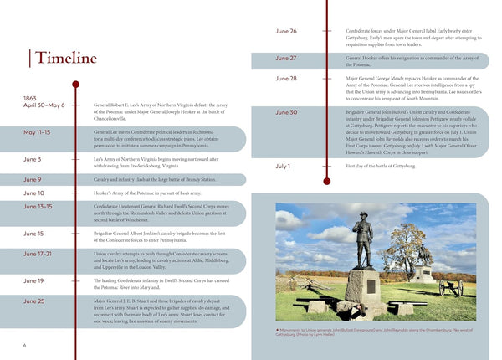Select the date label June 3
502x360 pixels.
33,159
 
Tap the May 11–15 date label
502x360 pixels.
37,132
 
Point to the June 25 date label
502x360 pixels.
34,301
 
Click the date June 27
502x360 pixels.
286,59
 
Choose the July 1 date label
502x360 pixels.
283,166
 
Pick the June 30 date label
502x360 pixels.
286,112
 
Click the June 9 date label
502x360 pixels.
33,179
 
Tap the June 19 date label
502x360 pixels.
34,280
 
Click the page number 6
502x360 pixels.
25,345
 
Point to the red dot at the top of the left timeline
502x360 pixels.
76,84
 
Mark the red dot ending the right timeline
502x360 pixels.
326,181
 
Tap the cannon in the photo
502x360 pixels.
450,287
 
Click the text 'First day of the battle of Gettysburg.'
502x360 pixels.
380,166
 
